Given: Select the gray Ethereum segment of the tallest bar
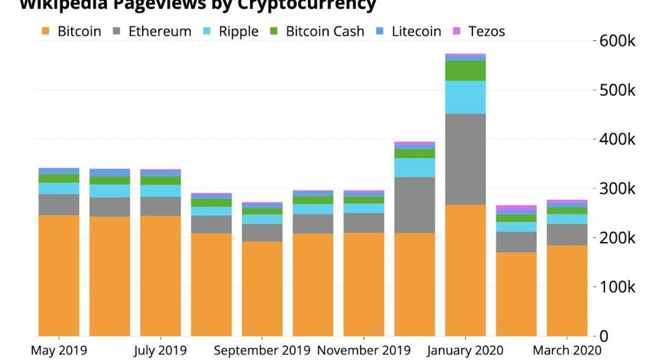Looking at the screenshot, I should point(465,159).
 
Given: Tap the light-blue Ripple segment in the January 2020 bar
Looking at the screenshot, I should point(465,97).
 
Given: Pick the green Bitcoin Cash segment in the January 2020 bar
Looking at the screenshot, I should point(465,70).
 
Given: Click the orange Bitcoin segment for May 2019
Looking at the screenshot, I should point(59,275).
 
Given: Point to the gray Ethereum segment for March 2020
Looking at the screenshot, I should point(567,234).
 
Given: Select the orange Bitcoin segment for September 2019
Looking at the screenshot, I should point(262,288).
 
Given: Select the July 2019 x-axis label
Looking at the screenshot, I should point(160,350).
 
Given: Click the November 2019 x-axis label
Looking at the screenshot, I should point(364,350).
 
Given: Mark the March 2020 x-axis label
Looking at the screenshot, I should point(567,350).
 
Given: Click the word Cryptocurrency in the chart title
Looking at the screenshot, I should point(306,5).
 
